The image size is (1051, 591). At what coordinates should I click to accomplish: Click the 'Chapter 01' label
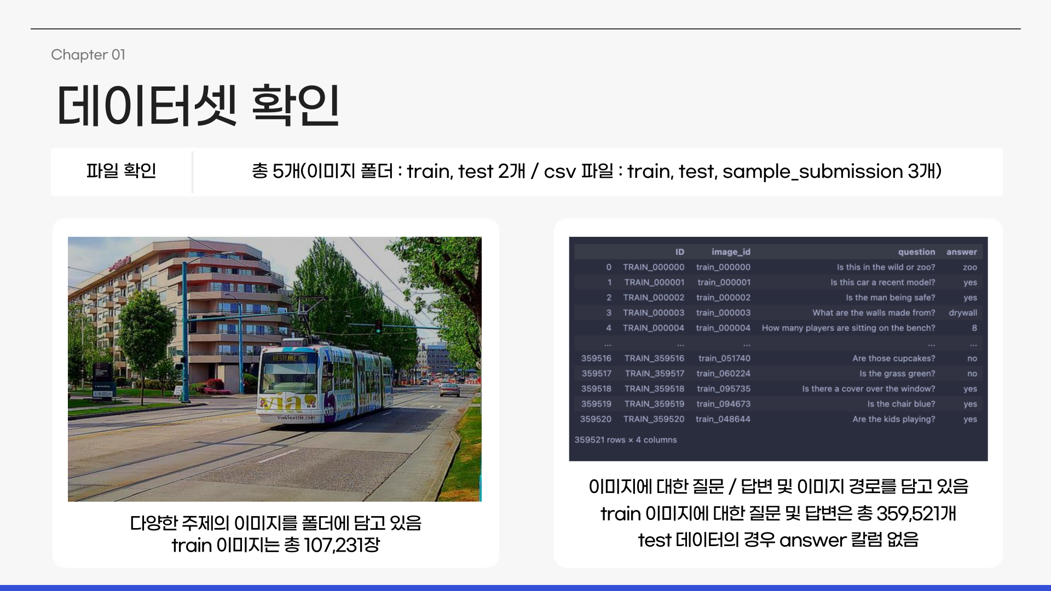click(88, 55)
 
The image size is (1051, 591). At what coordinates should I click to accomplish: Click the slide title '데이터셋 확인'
click(198, 106)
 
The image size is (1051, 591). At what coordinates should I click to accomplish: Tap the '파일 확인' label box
click(121, 171)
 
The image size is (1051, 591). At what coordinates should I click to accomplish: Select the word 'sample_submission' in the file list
click(812, 171)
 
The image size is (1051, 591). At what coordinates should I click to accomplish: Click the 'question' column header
click(916, 252)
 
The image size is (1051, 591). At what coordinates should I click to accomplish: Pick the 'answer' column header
click(961, 252)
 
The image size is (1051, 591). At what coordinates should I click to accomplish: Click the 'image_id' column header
click(731, 252)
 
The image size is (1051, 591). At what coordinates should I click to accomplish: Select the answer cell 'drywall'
click(962, 312)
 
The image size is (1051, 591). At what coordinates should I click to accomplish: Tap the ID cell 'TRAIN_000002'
click(654, 297)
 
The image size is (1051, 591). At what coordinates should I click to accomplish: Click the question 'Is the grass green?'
click(897, 373)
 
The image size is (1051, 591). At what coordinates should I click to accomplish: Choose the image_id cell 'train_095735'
click(723, 389)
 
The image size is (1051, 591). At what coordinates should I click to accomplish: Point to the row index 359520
click(596, 419)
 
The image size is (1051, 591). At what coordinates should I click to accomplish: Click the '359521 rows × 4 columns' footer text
click(625, 439)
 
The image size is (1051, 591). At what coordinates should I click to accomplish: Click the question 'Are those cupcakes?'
click(893, 358)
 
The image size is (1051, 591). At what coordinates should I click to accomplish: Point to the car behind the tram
click(449, 390)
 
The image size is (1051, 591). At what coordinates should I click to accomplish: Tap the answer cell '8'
click(974, 328)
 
